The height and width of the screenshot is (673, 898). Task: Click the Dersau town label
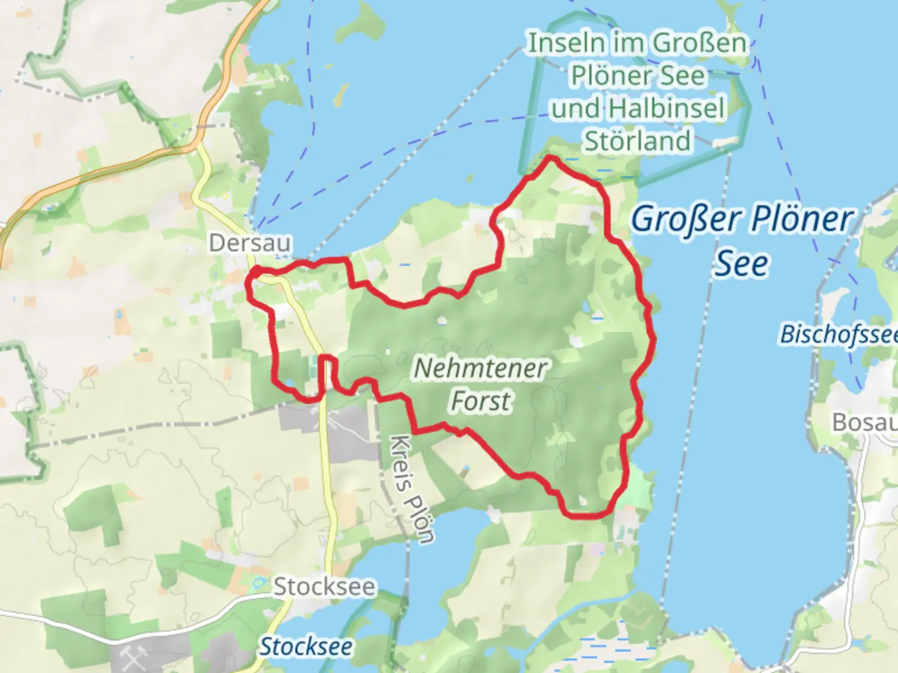tap(249, 242)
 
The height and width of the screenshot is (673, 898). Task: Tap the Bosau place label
tap(864, 422)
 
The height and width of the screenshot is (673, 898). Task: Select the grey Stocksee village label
tap(324, 586)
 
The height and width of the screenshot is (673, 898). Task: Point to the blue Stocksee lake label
tap(306, 646)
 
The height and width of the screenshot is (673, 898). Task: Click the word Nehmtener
tap(480, 368)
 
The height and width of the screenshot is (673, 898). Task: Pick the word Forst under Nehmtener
tap(480, 401)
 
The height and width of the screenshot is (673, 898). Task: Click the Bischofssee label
tap(839, 335)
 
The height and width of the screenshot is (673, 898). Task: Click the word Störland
tap(637, 141)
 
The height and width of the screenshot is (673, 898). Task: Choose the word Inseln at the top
tap(566, 44)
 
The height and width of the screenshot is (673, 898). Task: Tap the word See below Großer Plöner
tap(741, 264)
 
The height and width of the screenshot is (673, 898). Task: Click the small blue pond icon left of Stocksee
tap(257, 585)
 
